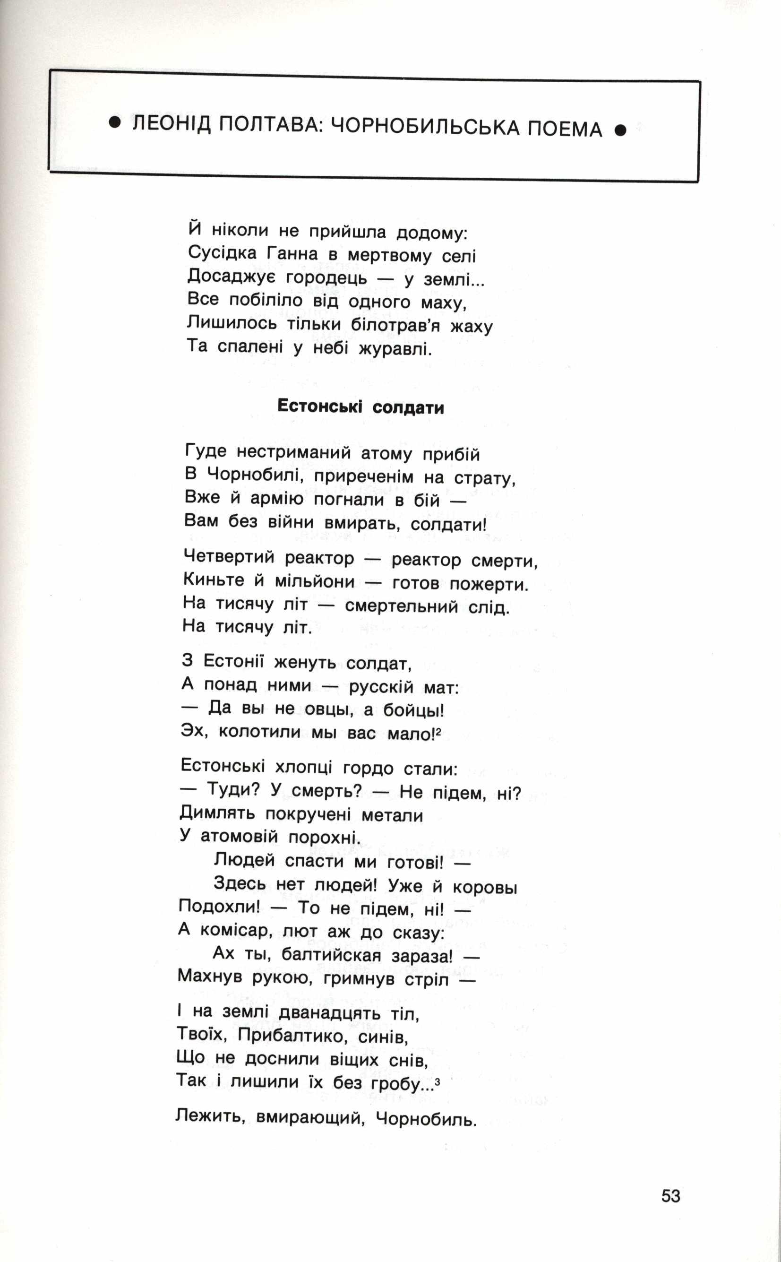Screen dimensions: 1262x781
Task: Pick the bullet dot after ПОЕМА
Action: pyautogui.click(x=620, y=130)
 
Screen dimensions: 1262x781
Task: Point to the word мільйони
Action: pyautogui.click(x=315, y=582)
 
